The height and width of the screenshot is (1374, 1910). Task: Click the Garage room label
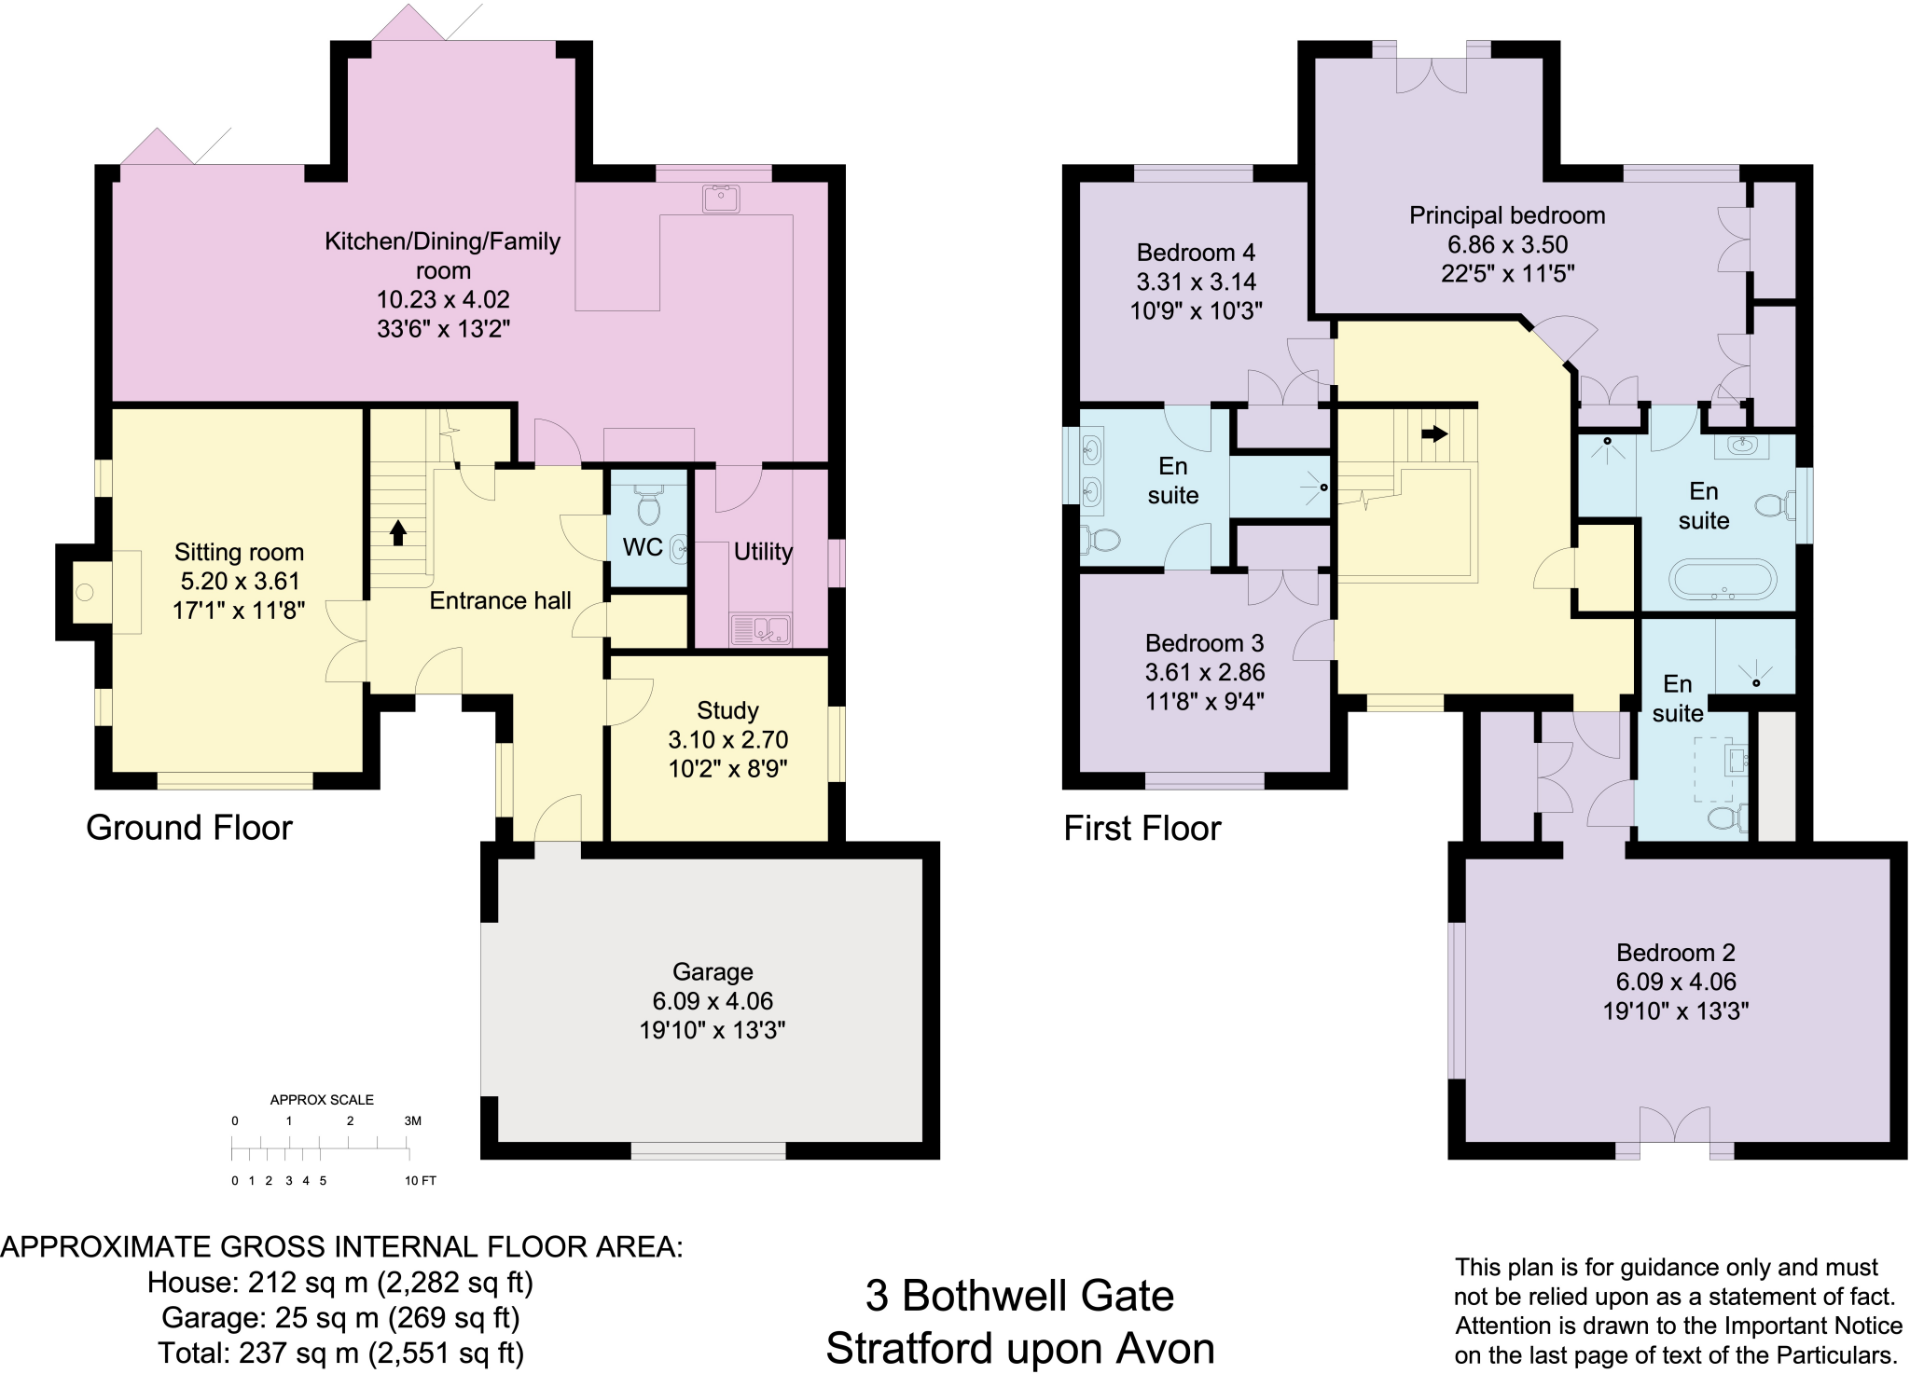(x=713, y=971)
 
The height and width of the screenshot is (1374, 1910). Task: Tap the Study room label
(x=727, y=710)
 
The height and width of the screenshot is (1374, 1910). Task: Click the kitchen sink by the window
(x=721, y=199)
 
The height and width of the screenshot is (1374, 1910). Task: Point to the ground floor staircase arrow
(x=398, y=532)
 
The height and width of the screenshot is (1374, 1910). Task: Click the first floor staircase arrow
(x=1435, y=433)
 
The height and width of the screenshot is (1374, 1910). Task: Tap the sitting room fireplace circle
(x=85, y=592)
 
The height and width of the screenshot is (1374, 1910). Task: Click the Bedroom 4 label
(x=1196, y=253)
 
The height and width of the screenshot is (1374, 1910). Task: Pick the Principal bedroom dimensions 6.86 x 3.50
(x=1507, y=244)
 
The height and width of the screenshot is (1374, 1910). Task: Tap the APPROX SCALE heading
(x=322, y=1100)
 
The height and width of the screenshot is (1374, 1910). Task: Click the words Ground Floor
(x=189, y=828)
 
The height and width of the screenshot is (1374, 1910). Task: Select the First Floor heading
(x=1142, y=828)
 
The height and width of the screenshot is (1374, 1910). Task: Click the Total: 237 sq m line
(x=340, y=1353)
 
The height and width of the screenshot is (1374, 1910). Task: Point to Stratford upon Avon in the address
(x=1020, y=1349)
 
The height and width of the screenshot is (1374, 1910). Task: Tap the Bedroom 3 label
(x=1204, y=643)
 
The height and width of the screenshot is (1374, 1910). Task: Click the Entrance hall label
(x=500, y=600)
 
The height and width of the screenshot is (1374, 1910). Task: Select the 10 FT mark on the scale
(x=420, y=1180)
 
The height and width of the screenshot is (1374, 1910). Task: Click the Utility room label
(x=763, y=552)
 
